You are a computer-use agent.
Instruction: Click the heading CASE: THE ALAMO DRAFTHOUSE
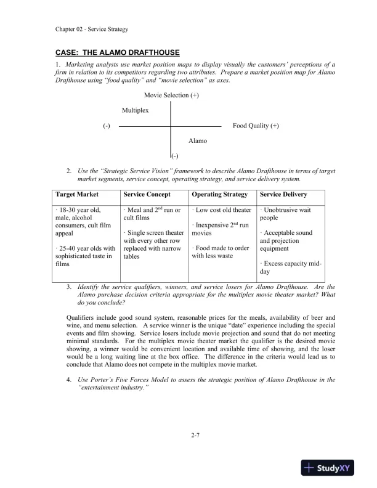(117, 54)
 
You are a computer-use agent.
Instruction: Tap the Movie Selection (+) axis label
(171, 96)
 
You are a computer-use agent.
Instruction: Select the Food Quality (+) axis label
(256, 126)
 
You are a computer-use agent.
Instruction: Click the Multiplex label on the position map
(135, 110)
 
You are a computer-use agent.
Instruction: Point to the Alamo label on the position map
(198, 141)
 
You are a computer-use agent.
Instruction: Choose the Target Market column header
(77, 195)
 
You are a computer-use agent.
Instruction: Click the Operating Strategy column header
(219, 195)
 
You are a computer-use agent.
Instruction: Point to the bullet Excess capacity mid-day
(290, 267)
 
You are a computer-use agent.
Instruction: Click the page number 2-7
(196, 436)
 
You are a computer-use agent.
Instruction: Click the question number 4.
(68, 380)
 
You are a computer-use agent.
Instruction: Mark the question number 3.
(68, 287)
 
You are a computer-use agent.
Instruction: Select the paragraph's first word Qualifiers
(81, 317)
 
